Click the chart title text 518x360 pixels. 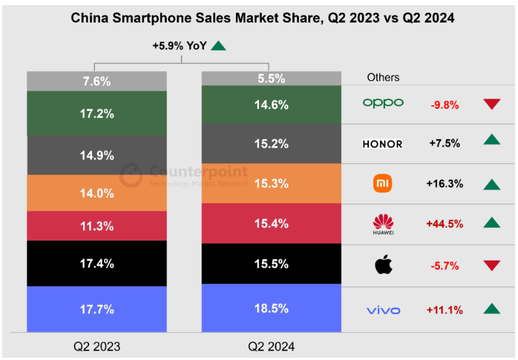click(262, 18)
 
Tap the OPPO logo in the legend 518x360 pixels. click(383, 103)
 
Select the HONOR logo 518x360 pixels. click(382, 144)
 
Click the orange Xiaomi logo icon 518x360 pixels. click(382, 184)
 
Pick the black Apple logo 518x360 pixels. click(383, 265)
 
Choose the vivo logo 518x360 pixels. click(383, 311)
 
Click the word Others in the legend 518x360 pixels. click(383, 77)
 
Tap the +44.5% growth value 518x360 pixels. click(445, 224)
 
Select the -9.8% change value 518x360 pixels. click(445, 105)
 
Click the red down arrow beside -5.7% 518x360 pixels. click(492, 266)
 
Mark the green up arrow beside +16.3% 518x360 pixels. click(492, 184)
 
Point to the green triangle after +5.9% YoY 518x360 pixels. click(218, 46)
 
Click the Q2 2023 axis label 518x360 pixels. click(97, 346)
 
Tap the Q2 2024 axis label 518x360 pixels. click(271, 346)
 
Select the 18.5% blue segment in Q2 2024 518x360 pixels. click(271, 309)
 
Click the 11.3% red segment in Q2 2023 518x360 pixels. click(97, 226)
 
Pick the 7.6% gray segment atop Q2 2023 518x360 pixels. click(97, 81)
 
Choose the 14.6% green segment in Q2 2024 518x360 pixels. click(271, 105)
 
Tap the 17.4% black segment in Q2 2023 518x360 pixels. click(97, 263)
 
